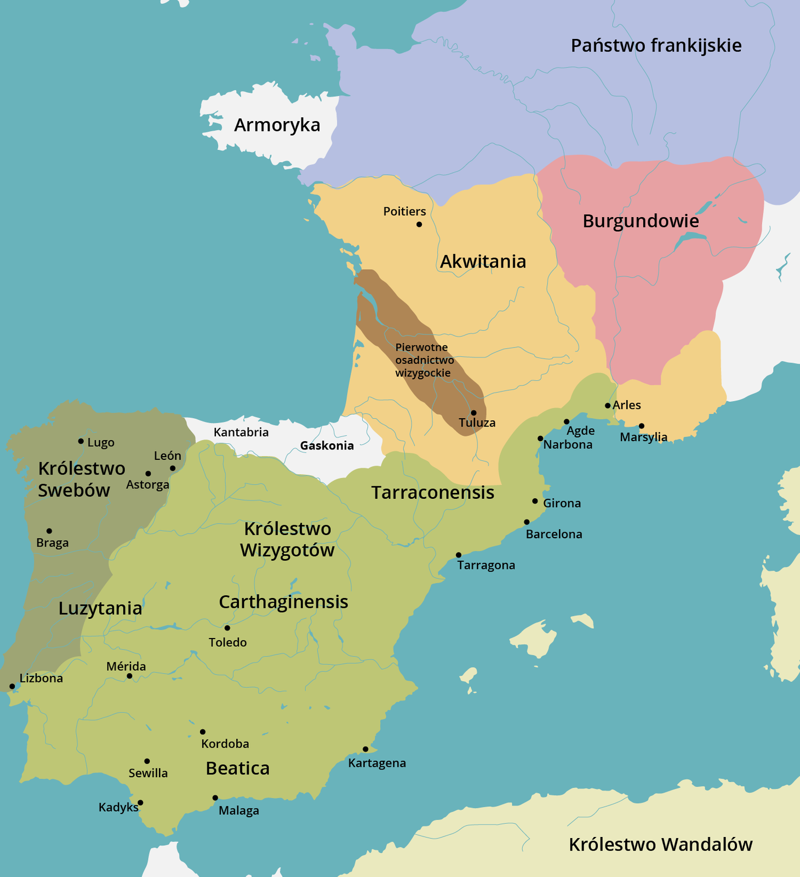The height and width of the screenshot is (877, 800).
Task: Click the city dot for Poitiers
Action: tap(419, 224)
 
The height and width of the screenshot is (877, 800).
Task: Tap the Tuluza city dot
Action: tap(473, 413)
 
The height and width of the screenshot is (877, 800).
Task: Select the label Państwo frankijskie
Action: tap(656, 45)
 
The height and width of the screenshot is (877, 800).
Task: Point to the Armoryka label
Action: tap(277, 125)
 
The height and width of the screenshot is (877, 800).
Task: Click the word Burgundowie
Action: tap(641, 221)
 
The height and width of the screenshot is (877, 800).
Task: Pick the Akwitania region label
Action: tap(483, 261)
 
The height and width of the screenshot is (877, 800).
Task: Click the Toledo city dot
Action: tap(227, 628)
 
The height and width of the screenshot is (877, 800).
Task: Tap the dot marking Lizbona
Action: tap(12, 686)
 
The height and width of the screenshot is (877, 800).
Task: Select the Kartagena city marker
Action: tap(365, 749)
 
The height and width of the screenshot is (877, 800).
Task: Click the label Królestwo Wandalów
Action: tap(660, 845)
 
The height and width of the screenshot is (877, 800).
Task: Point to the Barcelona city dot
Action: tap(527, 522)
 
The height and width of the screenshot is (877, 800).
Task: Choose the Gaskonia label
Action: tap(327, 446)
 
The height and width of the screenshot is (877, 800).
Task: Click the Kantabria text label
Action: tap(241, 432)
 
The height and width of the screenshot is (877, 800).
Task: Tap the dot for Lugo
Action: tap(81, 441)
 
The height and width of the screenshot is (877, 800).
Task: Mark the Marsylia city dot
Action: tap(642, 426)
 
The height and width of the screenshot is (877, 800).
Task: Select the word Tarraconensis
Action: tap(432, 492)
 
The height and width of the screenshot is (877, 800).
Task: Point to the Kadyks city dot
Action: tap(140, 802)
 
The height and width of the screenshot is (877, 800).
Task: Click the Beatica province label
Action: tap(237, 768)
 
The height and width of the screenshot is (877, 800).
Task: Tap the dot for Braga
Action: tap(49, 531)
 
